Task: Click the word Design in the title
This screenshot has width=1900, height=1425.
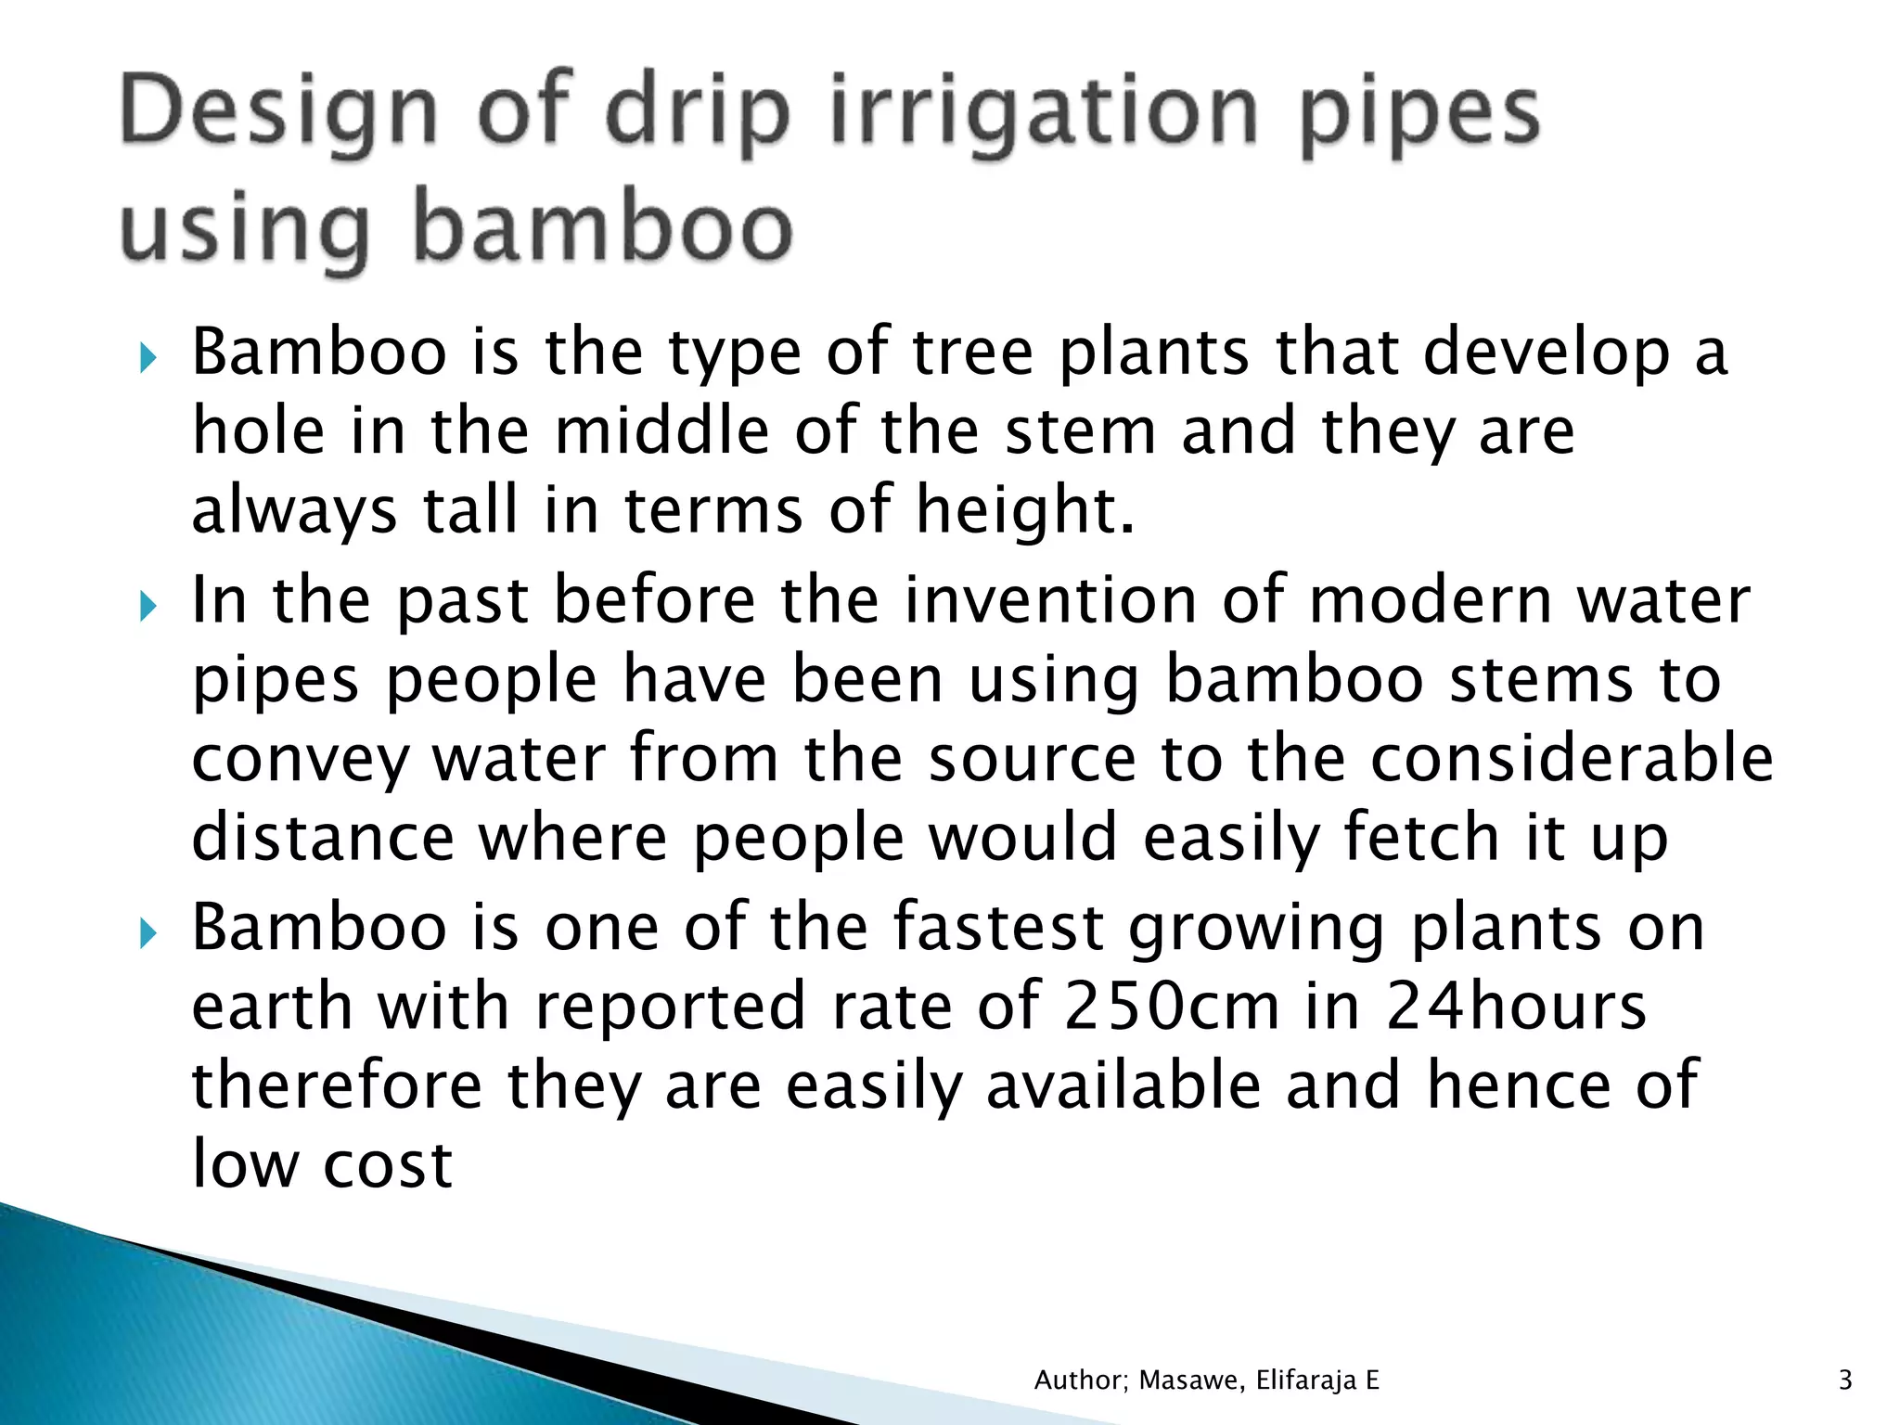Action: click(x=277, y=113)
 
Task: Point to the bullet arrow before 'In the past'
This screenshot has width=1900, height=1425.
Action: click(x=148, y=607)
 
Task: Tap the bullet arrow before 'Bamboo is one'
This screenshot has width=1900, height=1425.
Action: click(x=148, y=933)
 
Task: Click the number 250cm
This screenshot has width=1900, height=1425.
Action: click(x=1172, y=1006)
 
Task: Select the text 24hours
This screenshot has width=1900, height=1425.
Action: click(x=1516, y=1006)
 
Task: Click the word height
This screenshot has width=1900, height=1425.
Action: click(x=1025, y=510)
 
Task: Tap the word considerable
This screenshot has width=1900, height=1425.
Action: click(x=1572, y=758)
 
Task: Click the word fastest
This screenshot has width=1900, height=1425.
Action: click(x=998, y=927)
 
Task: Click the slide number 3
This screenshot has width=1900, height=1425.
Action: click(x=1844, y=1380)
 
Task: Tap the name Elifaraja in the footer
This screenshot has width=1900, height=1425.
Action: click(x=1307, y=1380)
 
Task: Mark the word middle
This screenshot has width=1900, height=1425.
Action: click(x=661, y=431)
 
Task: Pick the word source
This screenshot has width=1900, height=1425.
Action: click(x=1032, y=758)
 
